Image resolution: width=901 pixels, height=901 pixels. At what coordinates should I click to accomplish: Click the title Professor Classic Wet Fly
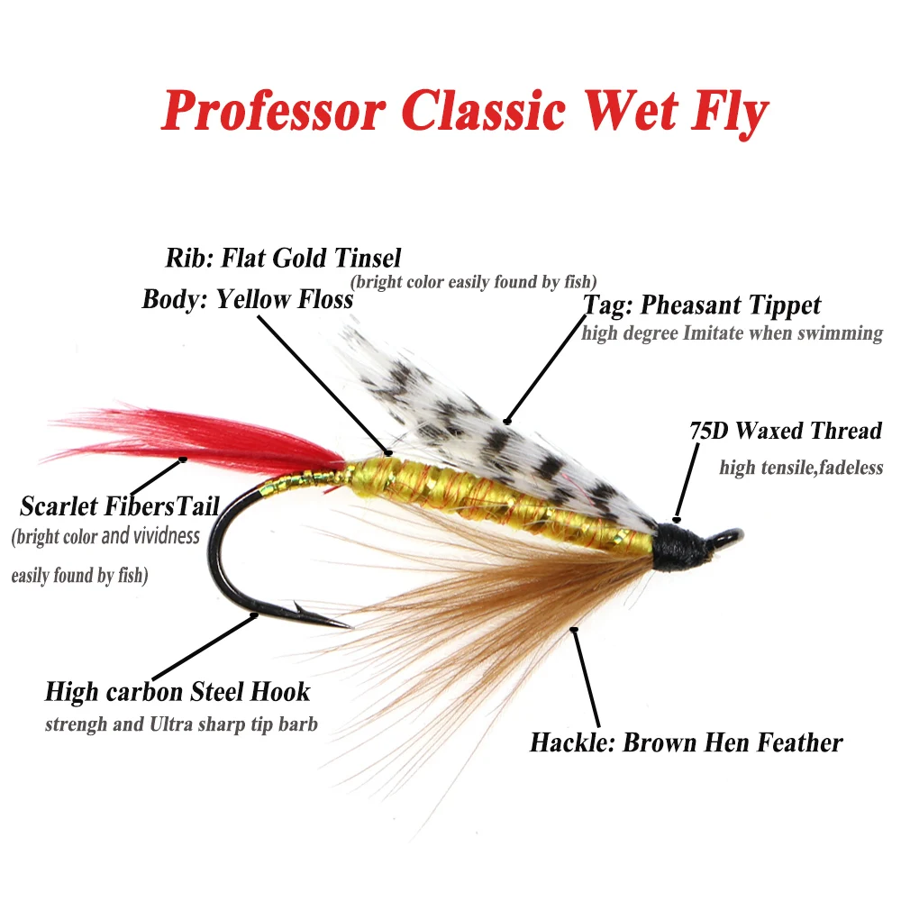click(x=464, y=113)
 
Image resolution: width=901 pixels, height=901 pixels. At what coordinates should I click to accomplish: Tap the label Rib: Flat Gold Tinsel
click(x=282, y=259)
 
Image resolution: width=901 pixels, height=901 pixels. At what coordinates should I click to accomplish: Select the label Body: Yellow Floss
click(x=247, y=299)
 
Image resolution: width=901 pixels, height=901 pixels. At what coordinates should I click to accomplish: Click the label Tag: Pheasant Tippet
click(x=703, y=305)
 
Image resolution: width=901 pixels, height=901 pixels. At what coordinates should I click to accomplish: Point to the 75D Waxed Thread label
click(x=785, y=431)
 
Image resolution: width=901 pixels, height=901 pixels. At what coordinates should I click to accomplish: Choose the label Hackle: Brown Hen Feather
click(x=686, y=742)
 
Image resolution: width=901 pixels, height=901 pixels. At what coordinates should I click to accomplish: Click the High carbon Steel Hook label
click(x=177, y=692)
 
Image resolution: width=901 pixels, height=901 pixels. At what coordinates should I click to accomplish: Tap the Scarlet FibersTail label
click(x=120, y=505)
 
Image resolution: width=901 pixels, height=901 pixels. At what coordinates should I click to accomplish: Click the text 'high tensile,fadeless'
click(x=801, y=468)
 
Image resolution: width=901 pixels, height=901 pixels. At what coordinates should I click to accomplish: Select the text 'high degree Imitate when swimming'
click(x=732, y=333)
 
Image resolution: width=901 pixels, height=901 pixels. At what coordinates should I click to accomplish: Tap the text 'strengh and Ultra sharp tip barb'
click(x=181, y=724)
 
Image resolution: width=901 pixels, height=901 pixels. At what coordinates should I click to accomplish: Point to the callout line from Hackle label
click(x=587, y=676)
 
